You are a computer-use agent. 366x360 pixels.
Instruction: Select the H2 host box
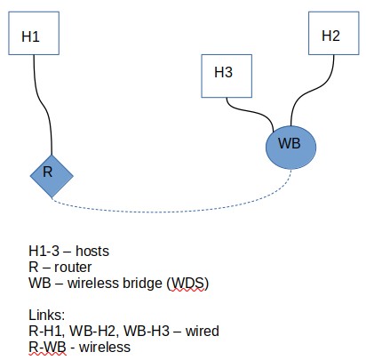coord(330,36)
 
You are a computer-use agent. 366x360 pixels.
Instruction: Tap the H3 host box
coord(224,74)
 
